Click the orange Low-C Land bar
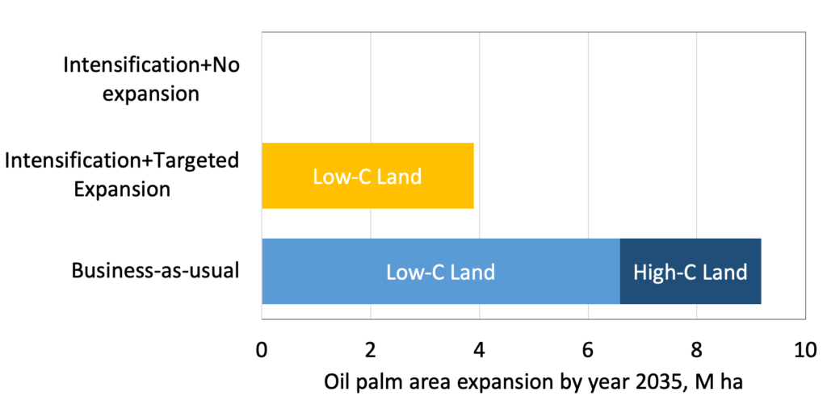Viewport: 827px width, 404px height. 367,176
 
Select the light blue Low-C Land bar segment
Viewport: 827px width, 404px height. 441,271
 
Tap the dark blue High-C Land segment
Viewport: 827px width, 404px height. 691,271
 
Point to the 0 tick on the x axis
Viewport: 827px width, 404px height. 262,350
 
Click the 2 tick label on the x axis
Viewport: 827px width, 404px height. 370,350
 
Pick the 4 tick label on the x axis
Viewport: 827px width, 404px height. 479,350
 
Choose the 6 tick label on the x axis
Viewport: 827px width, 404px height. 588,350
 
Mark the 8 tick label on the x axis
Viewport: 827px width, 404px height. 697,350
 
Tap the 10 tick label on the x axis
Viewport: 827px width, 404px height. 805,350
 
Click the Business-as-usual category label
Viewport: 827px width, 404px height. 155,271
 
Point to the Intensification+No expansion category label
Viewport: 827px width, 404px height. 151,80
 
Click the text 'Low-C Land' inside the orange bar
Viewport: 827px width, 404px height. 367,177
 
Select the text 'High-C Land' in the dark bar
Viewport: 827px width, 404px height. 691,273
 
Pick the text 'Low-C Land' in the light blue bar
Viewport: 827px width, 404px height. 441,273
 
